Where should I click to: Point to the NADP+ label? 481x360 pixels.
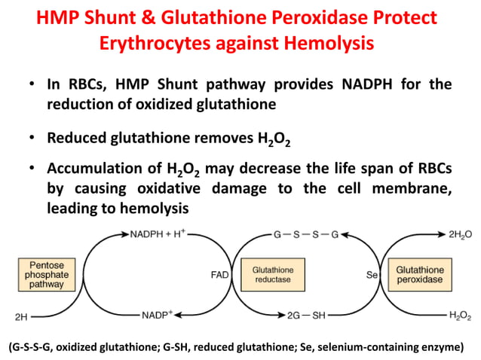point(158,314)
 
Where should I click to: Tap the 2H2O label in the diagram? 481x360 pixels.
point(459,236)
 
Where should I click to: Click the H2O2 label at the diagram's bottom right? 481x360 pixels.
point(460,314)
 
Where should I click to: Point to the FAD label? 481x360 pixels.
point(219,275)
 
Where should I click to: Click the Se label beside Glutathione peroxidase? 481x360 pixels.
point(371,275)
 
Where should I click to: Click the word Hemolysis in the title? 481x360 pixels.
point(329,44)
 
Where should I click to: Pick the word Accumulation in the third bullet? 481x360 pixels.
point(97,169)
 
